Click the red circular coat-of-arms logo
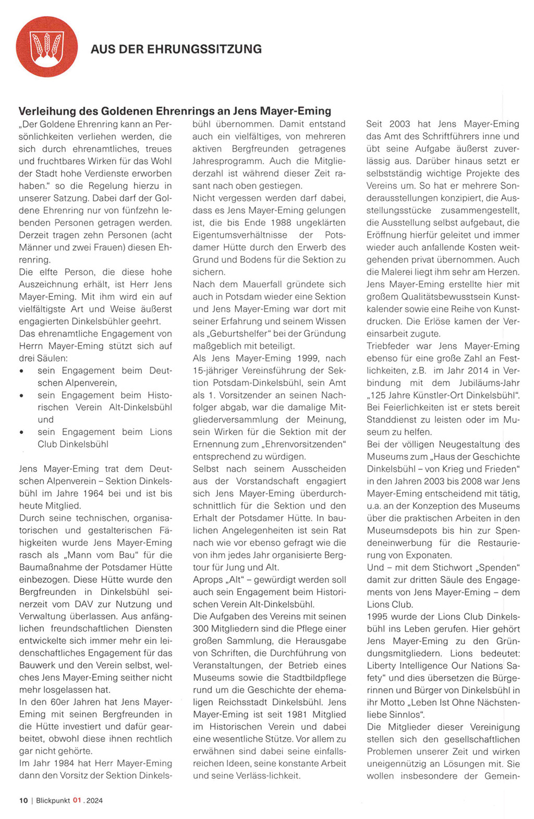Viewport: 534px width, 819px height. tap(47, 47)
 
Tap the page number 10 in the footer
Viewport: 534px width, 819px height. tap(23, 800)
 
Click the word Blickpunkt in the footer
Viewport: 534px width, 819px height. tap(53, 800)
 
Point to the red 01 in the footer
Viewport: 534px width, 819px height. tap(77, 800)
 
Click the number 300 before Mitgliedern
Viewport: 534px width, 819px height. tap(201, 629)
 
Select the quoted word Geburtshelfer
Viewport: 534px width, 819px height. tap(241, 334)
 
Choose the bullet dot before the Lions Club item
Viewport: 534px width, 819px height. tap(21, 432)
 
